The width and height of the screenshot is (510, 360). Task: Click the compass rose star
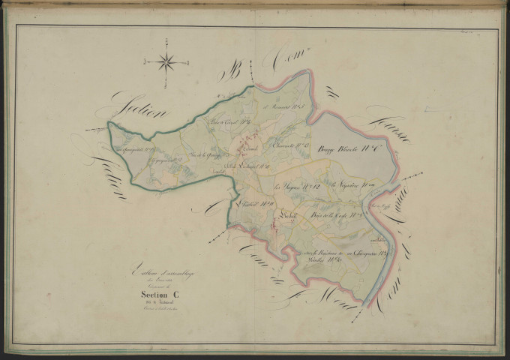point(167,62)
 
